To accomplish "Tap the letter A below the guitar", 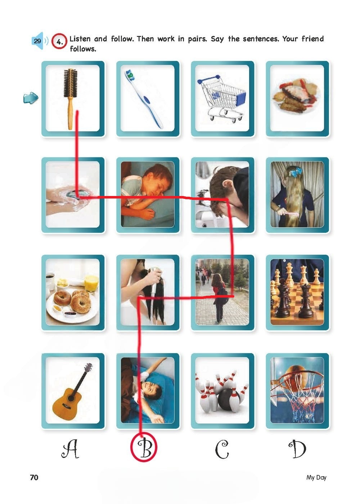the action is [70, 449].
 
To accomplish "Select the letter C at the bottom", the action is [222, 449].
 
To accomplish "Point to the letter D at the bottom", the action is [297, 449].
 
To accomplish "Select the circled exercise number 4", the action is [59, 42].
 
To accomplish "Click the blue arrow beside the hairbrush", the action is [31, 98].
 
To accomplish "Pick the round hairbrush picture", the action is [70, 99].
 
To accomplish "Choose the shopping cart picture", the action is [221, 99].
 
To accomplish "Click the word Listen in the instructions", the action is [80, 39].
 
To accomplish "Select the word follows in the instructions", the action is [83, 49].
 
